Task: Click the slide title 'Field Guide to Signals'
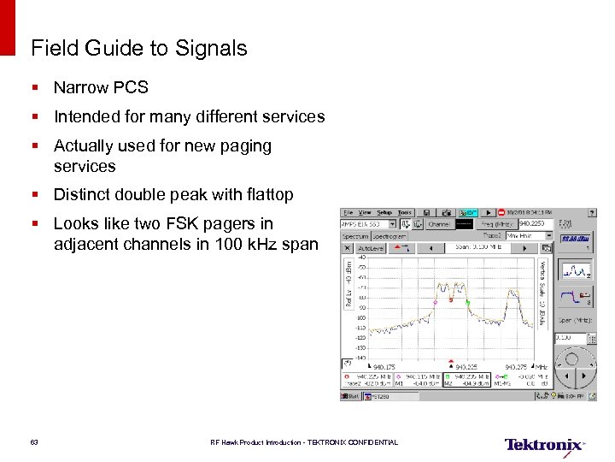coord(138,49)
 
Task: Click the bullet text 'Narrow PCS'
coord(101,87)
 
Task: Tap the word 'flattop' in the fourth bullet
coord(267,195)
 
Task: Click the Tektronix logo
coord(544,445)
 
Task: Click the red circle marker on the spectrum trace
coord(451,300)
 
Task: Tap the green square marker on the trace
coord(467,302)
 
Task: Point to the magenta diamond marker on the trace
coord(435,302)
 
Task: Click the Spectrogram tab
coord(389,235)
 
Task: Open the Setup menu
coord(384,212)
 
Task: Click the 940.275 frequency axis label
coord(515,366)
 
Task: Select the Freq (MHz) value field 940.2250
coord(525,223)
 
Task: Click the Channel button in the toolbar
coord(439,223)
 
